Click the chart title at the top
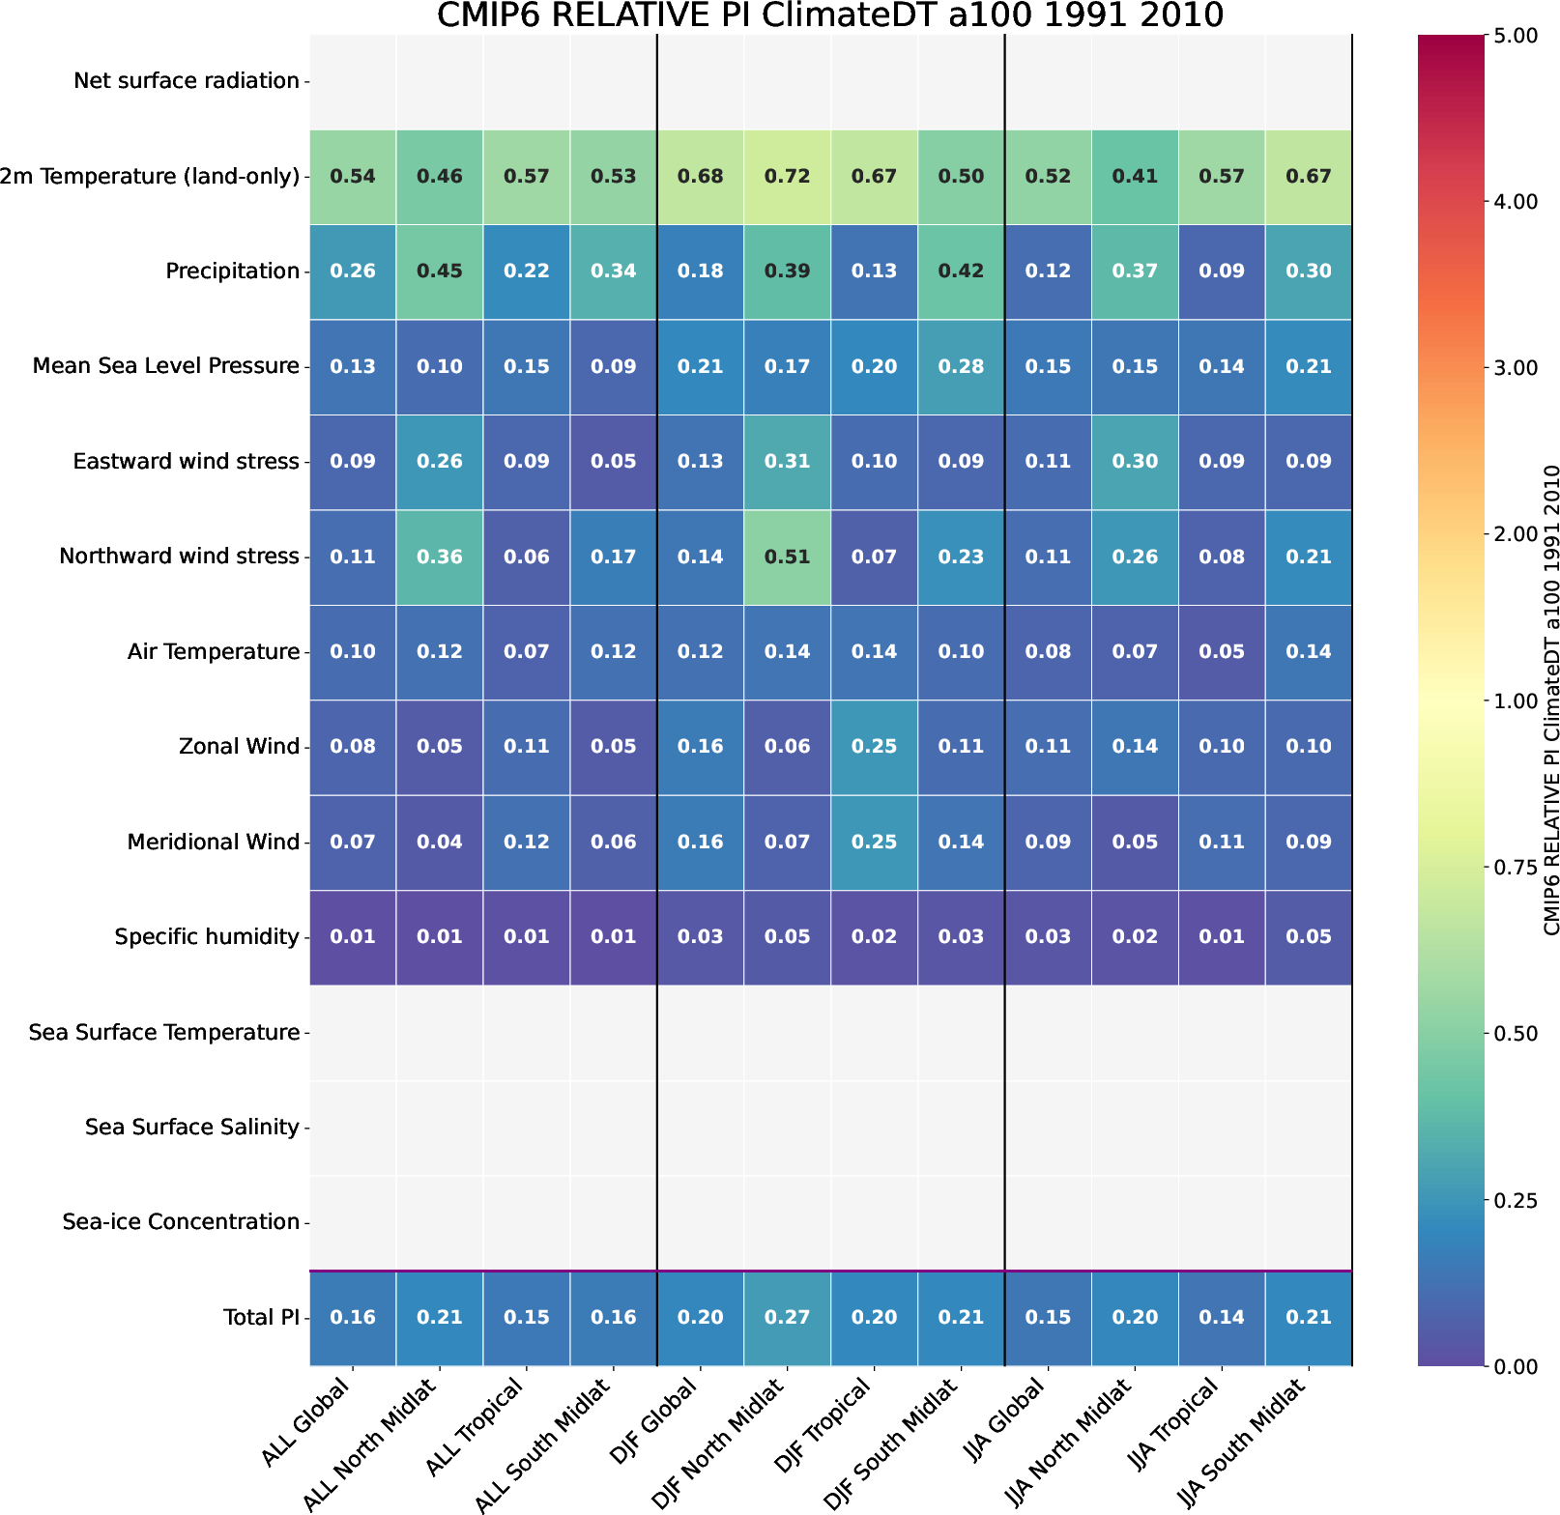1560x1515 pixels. [x=829, y=16]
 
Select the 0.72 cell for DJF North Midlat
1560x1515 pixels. [x=787, y=177]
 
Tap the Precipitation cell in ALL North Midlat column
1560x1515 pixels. [x=440, y=272]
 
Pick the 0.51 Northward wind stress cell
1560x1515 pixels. [x=787, y=557]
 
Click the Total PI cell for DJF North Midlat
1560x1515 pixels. [x=787, y=1318]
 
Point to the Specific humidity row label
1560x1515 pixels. [x=207, y=937]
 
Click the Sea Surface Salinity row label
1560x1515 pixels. [x=192, y=1128]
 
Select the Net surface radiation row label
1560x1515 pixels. [x=187, y=81]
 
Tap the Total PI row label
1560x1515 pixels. [x=261, y=1318]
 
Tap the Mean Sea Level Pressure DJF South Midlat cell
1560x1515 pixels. [x=961, y=367]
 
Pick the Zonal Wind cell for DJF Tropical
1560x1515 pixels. [x=874, y=747]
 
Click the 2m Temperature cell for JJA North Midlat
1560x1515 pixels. [x=1135, y=177]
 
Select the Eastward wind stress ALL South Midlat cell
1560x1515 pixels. [x=614, y=462]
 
